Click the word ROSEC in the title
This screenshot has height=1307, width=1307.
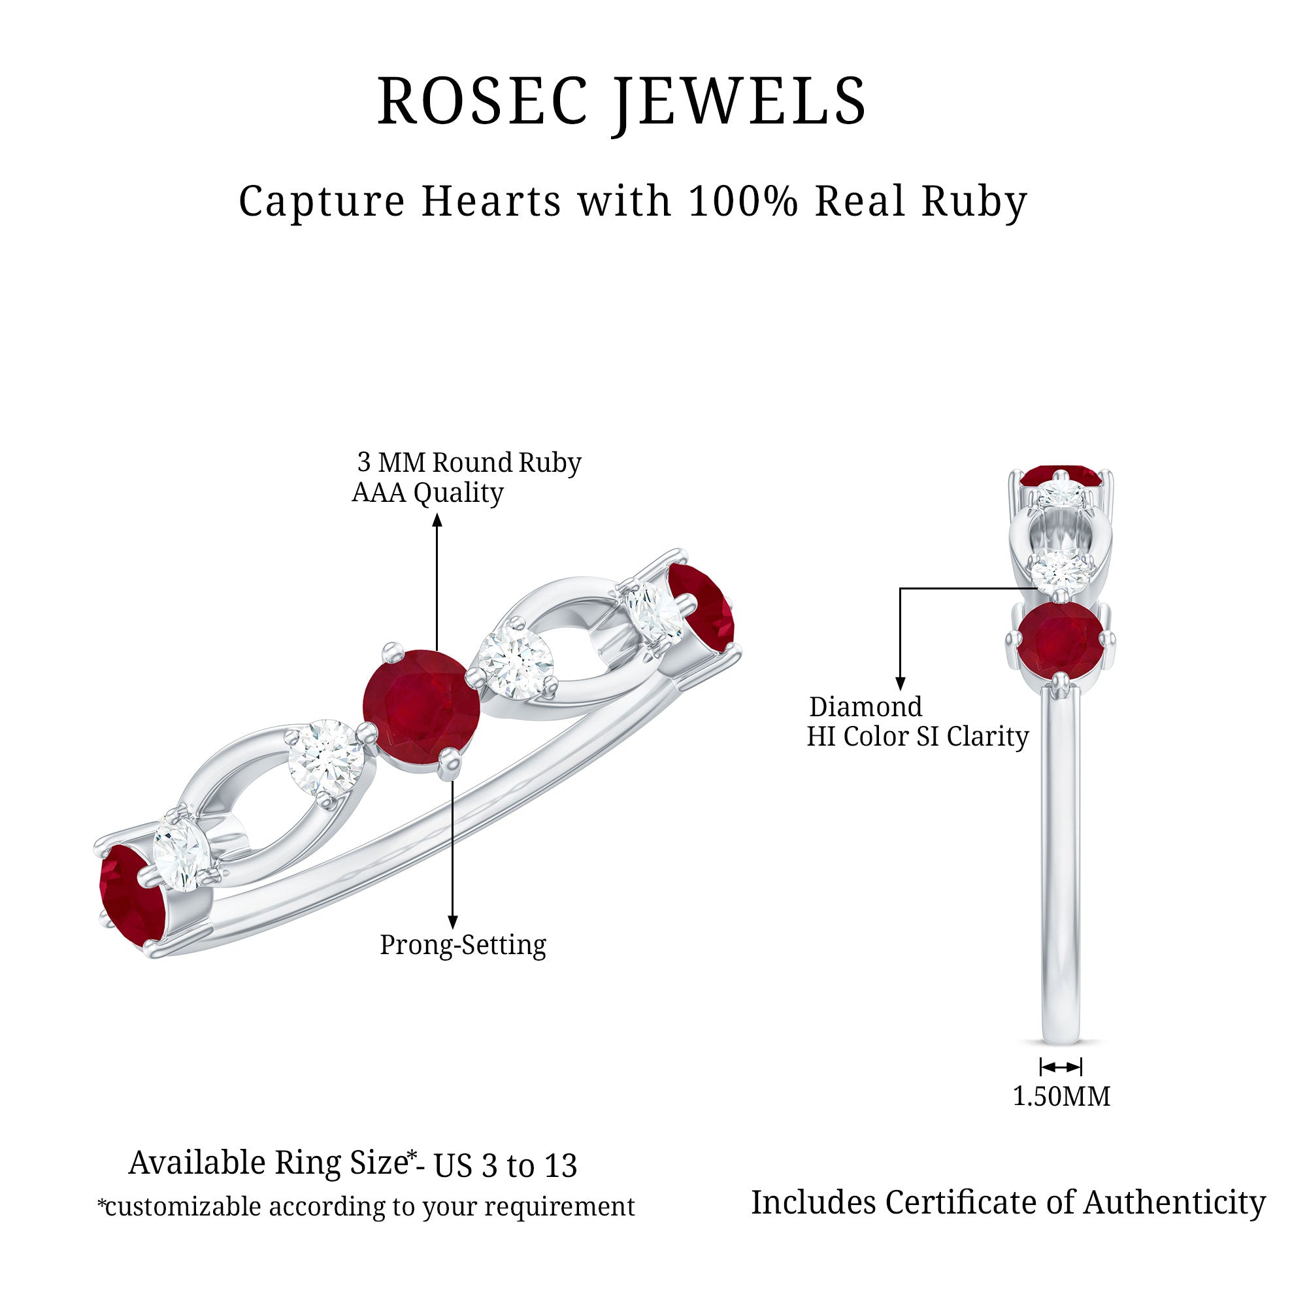[482, 101]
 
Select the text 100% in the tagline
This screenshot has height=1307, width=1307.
[743, 201]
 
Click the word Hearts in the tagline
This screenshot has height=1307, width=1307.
[491, 201]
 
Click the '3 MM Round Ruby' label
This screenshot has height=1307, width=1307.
[469, 462]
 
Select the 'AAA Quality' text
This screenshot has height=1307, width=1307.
[427, 493]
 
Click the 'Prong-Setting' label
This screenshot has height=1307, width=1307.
[463, 944]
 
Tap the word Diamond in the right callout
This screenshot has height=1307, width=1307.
[865, 707]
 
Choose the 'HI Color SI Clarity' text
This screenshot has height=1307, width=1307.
[918, 736]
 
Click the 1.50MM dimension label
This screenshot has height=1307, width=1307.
[1061, 1096]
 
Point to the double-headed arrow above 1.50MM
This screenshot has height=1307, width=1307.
[1060, 1067]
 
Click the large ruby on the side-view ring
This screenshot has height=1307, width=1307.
[1060, 638]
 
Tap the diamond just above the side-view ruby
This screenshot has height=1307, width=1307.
[1060, 572]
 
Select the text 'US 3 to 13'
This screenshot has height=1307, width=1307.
[505, 1165]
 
